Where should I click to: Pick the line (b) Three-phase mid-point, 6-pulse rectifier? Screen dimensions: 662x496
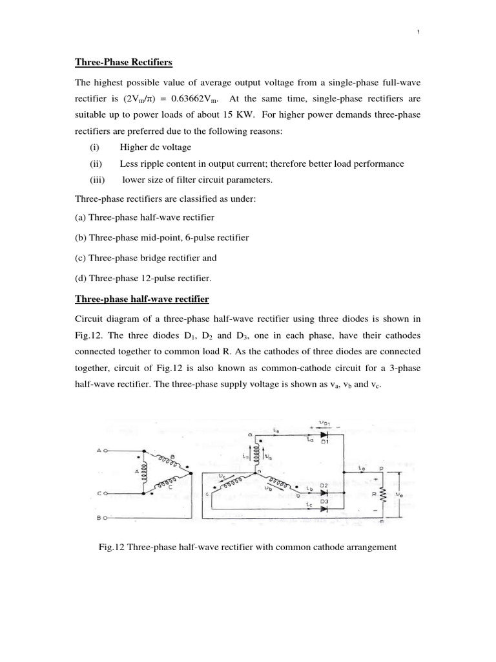pos(162,237)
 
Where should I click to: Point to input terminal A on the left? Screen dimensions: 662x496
pos(99,450)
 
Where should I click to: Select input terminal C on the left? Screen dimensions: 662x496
pos(99,493)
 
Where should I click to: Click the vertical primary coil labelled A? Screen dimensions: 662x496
pos(143,471)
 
